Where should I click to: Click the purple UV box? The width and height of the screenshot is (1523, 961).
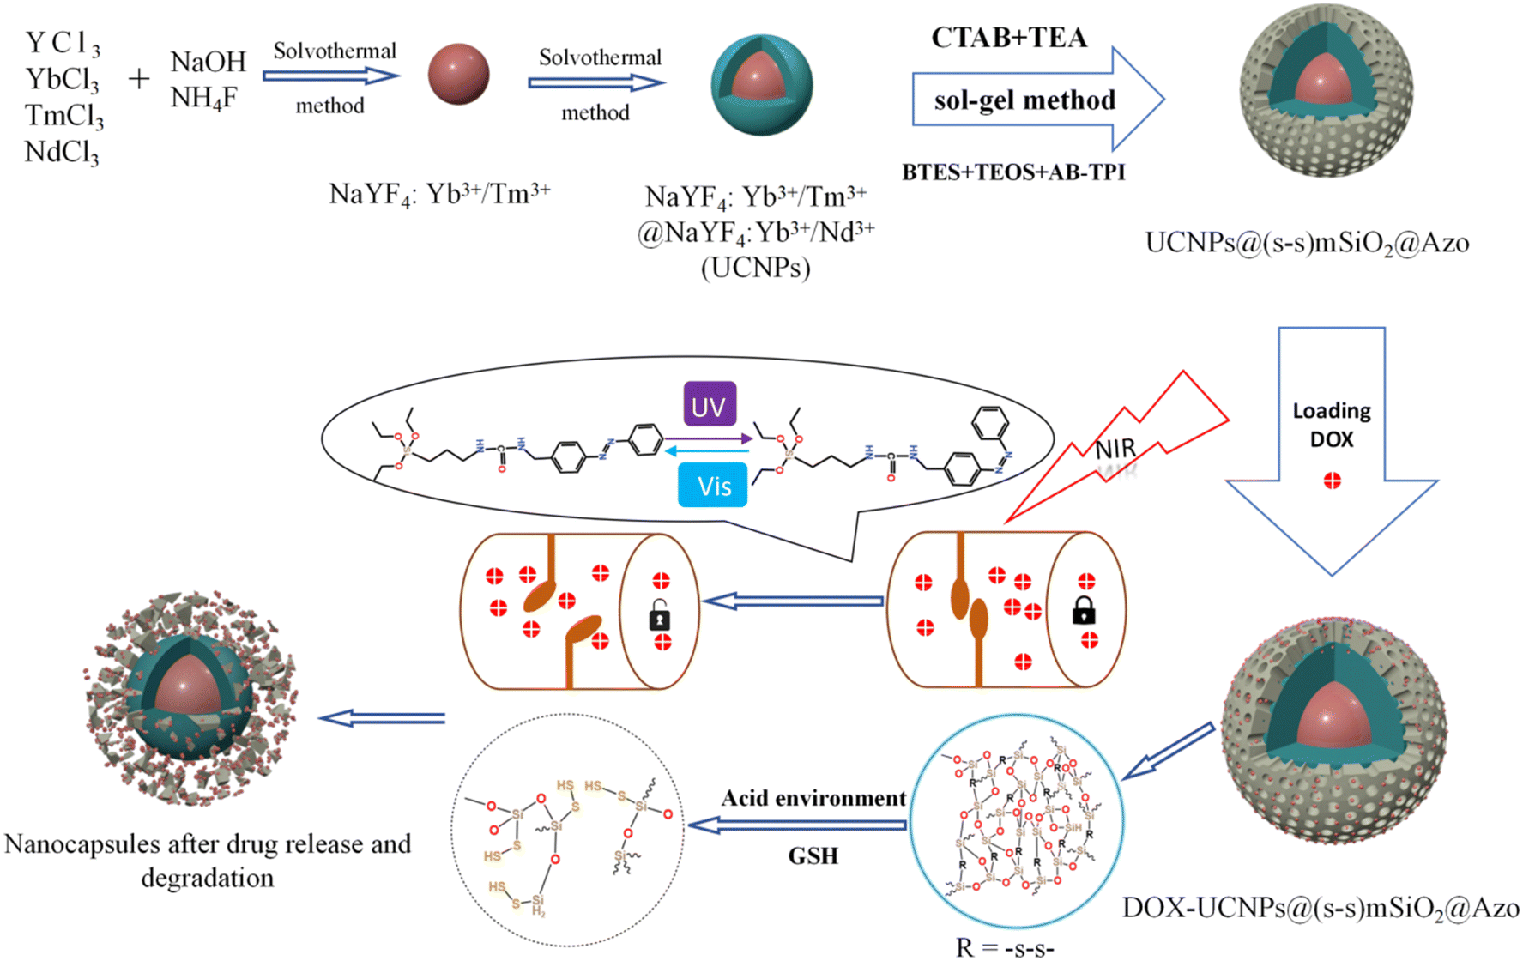[x=710, y=405]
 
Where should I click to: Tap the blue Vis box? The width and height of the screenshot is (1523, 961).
[x=713, y=486]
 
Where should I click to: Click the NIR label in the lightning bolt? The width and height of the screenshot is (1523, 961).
[x=1115, y=448]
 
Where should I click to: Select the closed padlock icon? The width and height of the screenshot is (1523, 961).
[x=1084, y=610]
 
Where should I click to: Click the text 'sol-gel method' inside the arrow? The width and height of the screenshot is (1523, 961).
[x=1024, y=100]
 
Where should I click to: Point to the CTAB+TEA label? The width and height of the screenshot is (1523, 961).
[x=1009, y=38]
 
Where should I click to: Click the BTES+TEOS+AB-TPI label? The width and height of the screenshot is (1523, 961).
[x=1013, y=172]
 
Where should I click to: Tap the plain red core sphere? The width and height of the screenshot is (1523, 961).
[x=458, y=75]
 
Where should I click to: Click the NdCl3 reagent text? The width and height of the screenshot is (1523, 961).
[x=63, y=153]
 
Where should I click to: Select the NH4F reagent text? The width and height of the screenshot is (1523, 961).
[x=203, y=99]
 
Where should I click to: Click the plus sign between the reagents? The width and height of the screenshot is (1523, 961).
[x=139, y=79]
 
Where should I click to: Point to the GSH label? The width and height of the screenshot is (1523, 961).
[x=813, y=855]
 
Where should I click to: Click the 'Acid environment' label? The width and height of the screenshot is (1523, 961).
[x=813, y=799]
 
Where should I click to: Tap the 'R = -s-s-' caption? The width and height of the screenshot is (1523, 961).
[x=1005, y=947]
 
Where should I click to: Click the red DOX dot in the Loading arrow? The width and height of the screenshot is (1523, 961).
[x=1332, y=481]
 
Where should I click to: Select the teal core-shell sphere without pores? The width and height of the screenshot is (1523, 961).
[x=761, y=85]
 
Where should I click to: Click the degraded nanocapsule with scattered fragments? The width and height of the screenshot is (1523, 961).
[x=190, y=697]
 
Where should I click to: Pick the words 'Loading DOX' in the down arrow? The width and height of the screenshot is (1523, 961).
[x=1332, y=425]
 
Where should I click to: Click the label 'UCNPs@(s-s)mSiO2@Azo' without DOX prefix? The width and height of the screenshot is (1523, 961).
[x=1307, y=243]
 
